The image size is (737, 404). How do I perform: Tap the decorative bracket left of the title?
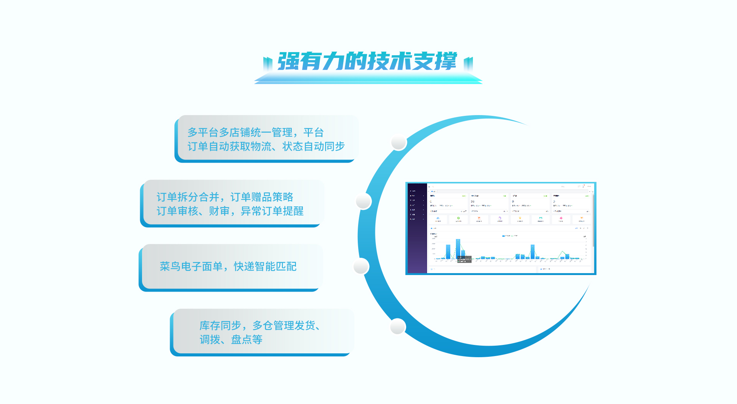tap(268, 63)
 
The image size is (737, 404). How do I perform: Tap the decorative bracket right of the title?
tap(468, 63)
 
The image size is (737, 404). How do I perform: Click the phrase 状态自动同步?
tap(313, 146)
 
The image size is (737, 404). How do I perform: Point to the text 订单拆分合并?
tap(188, 197)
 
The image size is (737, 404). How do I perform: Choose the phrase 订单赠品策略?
tap(262, 197)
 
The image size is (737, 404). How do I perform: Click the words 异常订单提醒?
tap(272, 211)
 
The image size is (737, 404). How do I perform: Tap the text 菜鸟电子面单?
tap(191, 266)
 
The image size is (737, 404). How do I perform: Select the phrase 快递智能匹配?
tap(265, 266)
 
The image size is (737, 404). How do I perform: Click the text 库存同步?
tap(220, 325)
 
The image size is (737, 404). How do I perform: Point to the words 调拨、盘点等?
tap(231, 340)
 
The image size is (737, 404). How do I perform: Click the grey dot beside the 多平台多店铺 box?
tap(399, 142)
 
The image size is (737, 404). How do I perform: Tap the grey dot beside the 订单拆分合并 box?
tap(363, 201)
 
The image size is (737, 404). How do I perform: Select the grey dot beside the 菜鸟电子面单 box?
tap(361, 266)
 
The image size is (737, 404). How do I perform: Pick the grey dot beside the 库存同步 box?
tap(398, 326)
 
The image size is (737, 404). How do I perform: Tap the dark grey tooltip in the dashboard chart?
tap(464, 259)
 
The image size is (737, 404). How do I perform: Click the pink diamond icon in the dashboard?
tap(561, 218)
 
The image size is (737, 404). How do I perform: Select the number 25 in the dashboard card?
tap(473, 201)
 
